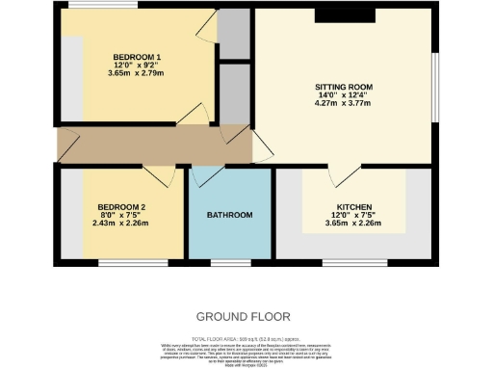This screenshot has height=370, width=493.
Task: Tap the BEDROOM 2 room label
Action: click(x=121, y=207)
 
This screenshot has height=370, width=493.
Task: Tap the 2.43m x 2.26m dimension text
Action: click(x=121, y=224)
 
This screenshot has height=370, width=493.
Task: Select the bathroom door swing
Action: click(x=207, y=176)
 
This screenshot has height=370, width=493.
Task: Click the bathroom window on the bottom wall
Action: click(x=228, y=260)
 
